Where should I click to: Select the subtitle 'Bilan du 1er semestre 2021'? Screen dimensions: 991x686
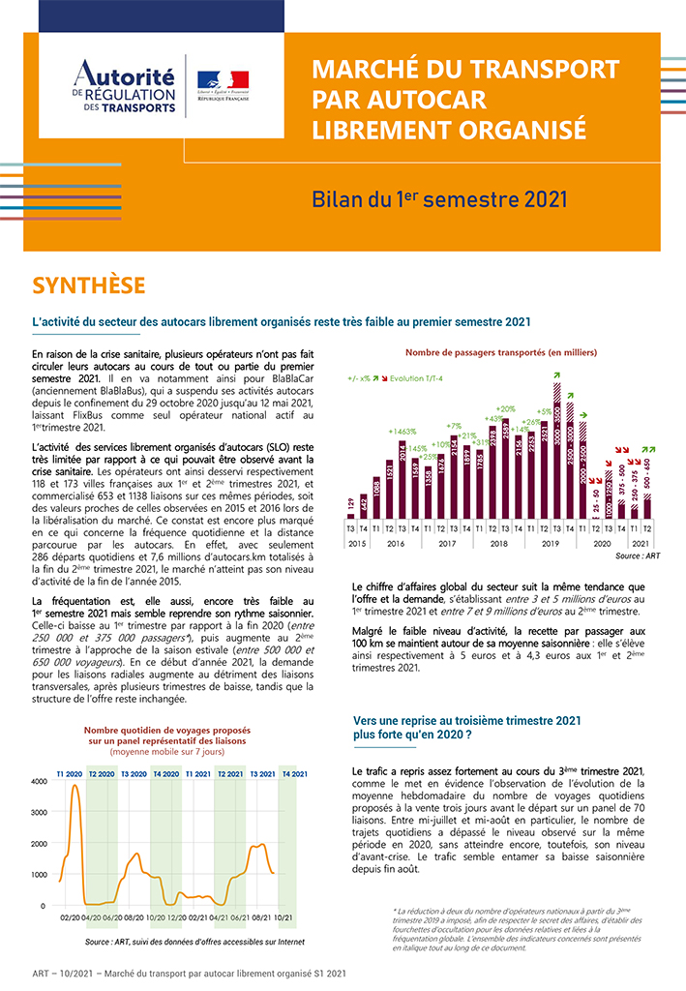pyautogui.click(x=438, y=198)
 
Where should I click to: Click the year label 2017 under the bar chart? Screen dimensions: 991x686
pyautogui.click(x=447, y=544)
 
